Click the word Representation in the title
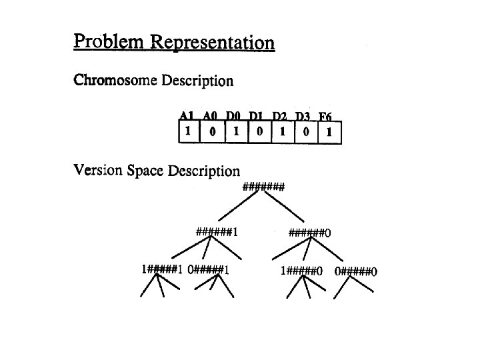[213, 43]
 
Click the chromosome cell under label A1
[189, 131]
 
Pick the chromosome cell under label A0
[212, 131]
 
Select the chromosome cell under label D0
[235, 131]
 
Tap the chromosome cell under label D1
[259, 131]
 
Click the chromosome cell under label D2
[282, 131]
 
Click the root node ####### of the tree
[263, 187]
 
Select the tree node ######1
[217, 233]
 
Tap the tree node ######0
[309, 233]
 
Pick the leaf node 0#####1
[209, 270]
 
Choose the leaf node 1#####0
[302, 271]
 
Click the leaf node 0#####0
[356, 271]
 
